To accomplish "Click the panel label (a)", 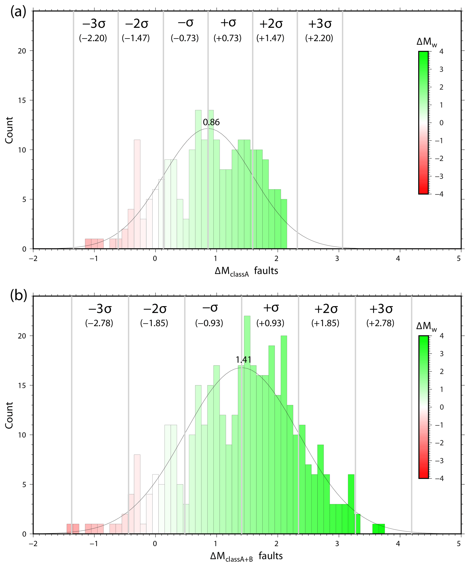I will [18, 12].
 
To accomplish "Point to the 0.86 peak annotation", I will [211, 122].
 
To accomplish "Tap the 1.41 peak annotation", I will [243, 360].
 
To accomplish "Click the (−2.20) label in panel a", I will [93, 38].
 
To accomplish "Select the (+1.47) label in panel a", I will [270, 38].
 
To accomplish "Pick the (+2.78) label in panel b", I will [380, 323].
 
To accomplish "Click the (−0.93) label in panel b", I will [209, 323].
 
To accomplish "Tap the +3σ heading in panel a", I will [320, 24].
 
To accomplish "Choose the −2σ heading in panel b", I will [155, 309].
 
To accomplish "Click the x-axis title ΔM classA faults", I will [246, 271].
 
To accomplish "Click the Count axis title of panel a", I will [9, 130].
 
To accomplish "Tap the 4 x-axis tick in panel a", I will [398, 258].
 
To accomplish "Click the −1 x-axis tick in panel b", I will [94, 544].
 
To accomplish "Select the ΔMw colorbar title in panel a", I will [427, 42].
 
